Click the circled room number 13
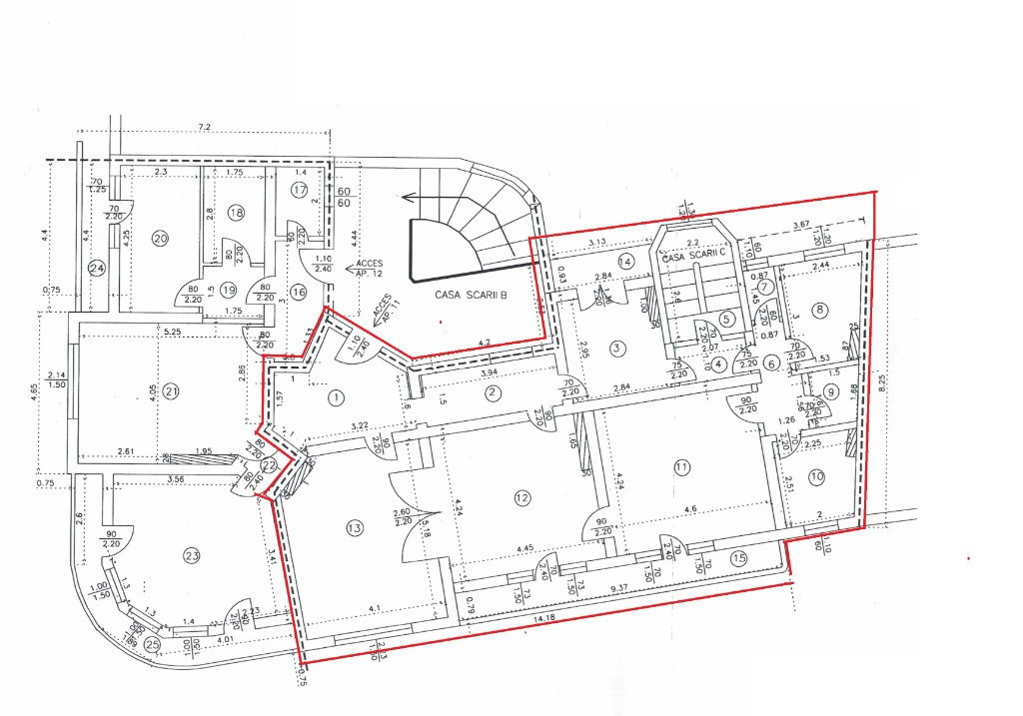coord(354,528)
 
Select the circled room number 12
coord(520,497)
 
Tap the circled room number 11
coord(682,466)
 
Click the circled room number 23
coord(191,555)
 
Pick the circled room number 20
coord(159,238)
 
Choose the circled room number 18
coord(236,212)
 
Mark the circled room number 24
coord(96,268)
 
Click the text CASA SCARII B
coord(472,295)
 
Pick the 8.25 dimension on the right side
coord(880,379)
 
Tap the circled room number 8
coord(821,310)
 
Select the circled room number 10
coord(817,477)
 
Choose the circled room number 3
coord(618,348)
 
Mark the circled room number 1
coord(337,397)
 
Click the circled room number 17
coord(298,190)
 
